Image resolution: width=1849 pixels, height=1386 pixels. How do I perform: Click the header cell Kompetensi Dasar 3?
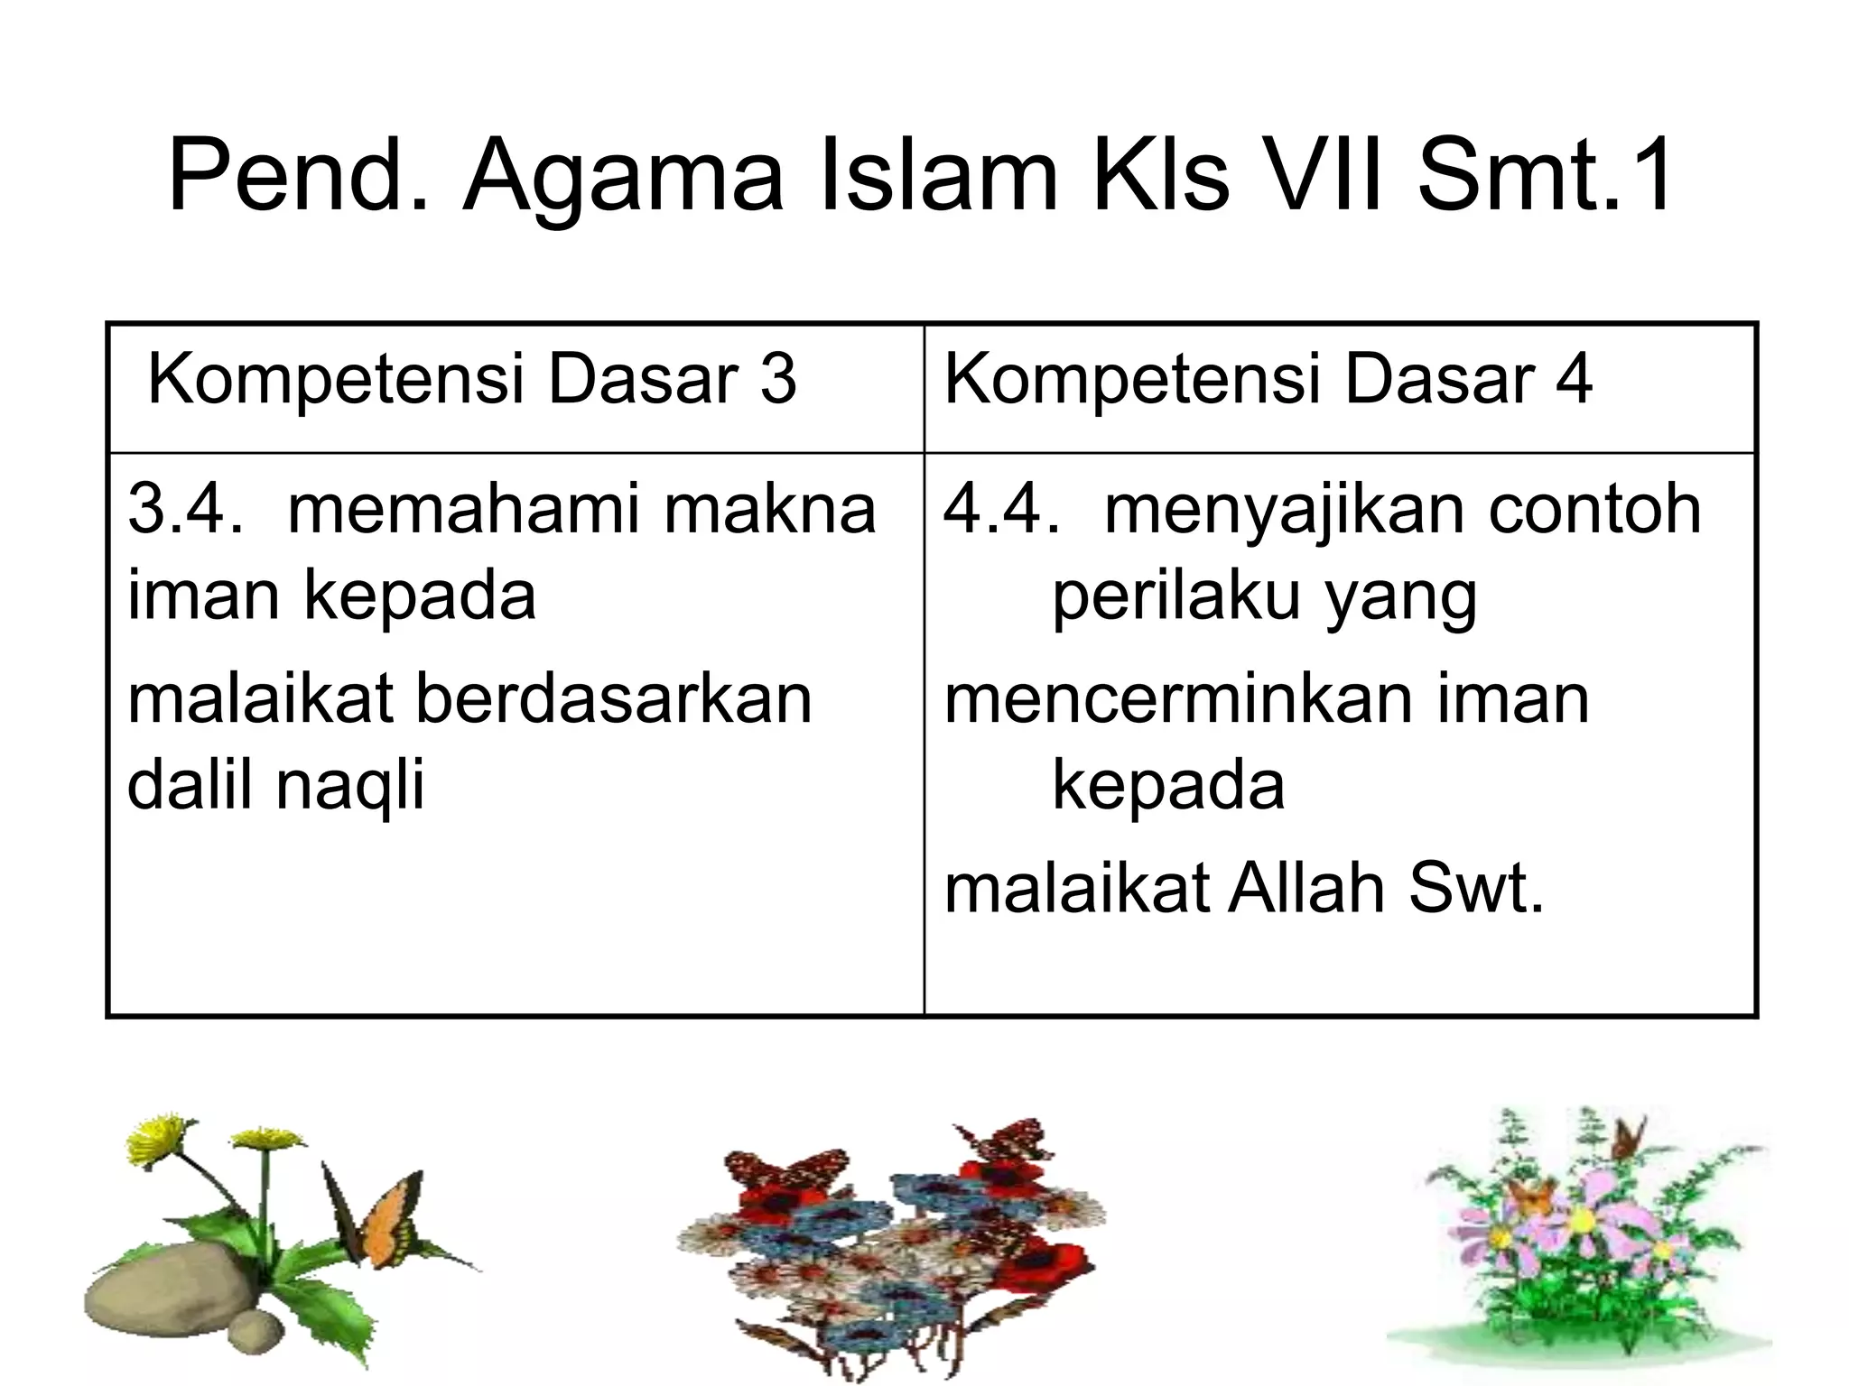[471, 379]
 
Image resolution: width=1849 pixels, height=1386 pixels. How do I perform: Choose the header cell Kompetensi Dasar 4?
[1268, 379]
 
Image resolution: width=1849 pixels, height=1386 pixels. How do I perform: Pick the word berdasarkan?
[614, 699]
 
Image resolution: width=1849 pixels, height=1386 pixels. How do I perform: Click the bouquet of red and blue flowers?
[889, 1254]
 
